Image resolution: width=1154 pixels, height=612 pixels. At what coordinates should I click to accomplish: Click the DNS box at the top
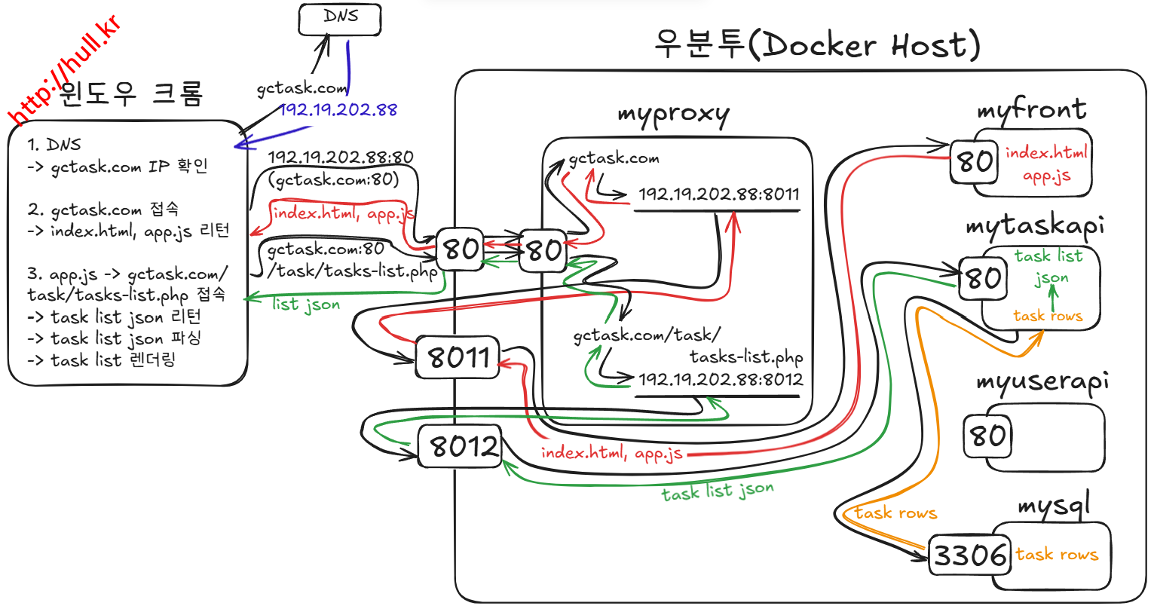(x=340, y=19)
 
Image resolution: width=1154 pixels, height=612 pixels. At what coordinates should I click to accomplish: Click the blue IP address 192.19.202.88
(x=338, y=110)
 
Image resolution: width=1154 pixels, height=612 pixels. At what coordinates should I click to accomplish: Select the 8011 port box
(x=458, y=357)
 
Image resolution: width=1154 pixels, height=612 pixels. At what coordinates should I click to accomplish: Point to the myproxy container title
(x=673, y=115)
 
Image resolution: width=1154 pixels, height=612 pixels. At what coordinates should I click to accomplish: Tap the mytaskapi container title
(x=1034, y=226)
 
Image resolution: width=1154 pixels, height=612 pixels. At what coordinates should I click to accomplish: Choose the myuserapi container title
(x=1042, y=381)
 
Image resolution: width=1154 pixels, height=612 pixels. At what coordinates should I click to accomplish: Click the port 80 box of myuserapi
(x=987, y=436)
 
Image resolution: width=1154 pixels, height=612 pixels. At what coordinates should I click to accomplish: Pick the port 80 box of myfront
(x=974, y=161)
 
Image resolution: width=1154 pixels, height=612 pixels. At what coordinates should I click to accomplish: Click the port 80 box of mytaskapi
(x=983, y=278)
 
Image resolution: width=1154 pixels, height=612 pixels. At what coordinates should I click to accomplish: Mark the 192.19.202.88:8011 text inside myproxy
(x=718, y=194)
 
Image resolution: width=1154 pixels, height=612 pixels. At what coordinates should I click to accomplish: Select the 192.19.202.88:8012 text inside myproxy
(x=721, y=380)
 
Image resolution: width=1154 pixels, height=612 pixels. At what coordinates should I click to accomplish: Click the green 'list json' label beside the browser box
(x=306, y=304)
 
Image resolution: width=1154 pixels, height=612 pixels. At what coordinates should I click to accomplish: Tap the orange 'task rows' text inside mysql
(x=1057, y=555)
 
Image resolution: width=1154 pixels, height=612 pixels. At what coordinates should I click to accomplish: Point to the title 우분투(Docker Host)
(x=816, y=45)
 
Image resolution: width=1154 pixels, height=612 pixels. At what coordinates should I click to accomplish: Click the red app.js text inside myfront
(x=1046, y=176)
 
